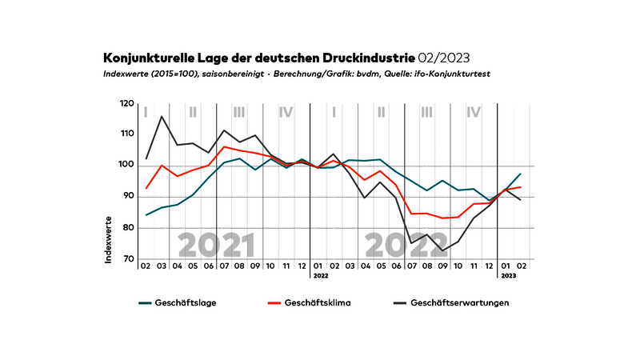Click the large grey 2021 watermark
[216, 245]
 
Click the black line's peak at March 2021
[162, 116]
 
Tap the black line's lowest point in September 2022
[442, 251]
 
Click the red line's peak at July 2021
[225, 146]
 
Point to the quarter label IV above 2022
[474, 112]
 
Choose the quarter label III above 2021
[239, 112]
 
